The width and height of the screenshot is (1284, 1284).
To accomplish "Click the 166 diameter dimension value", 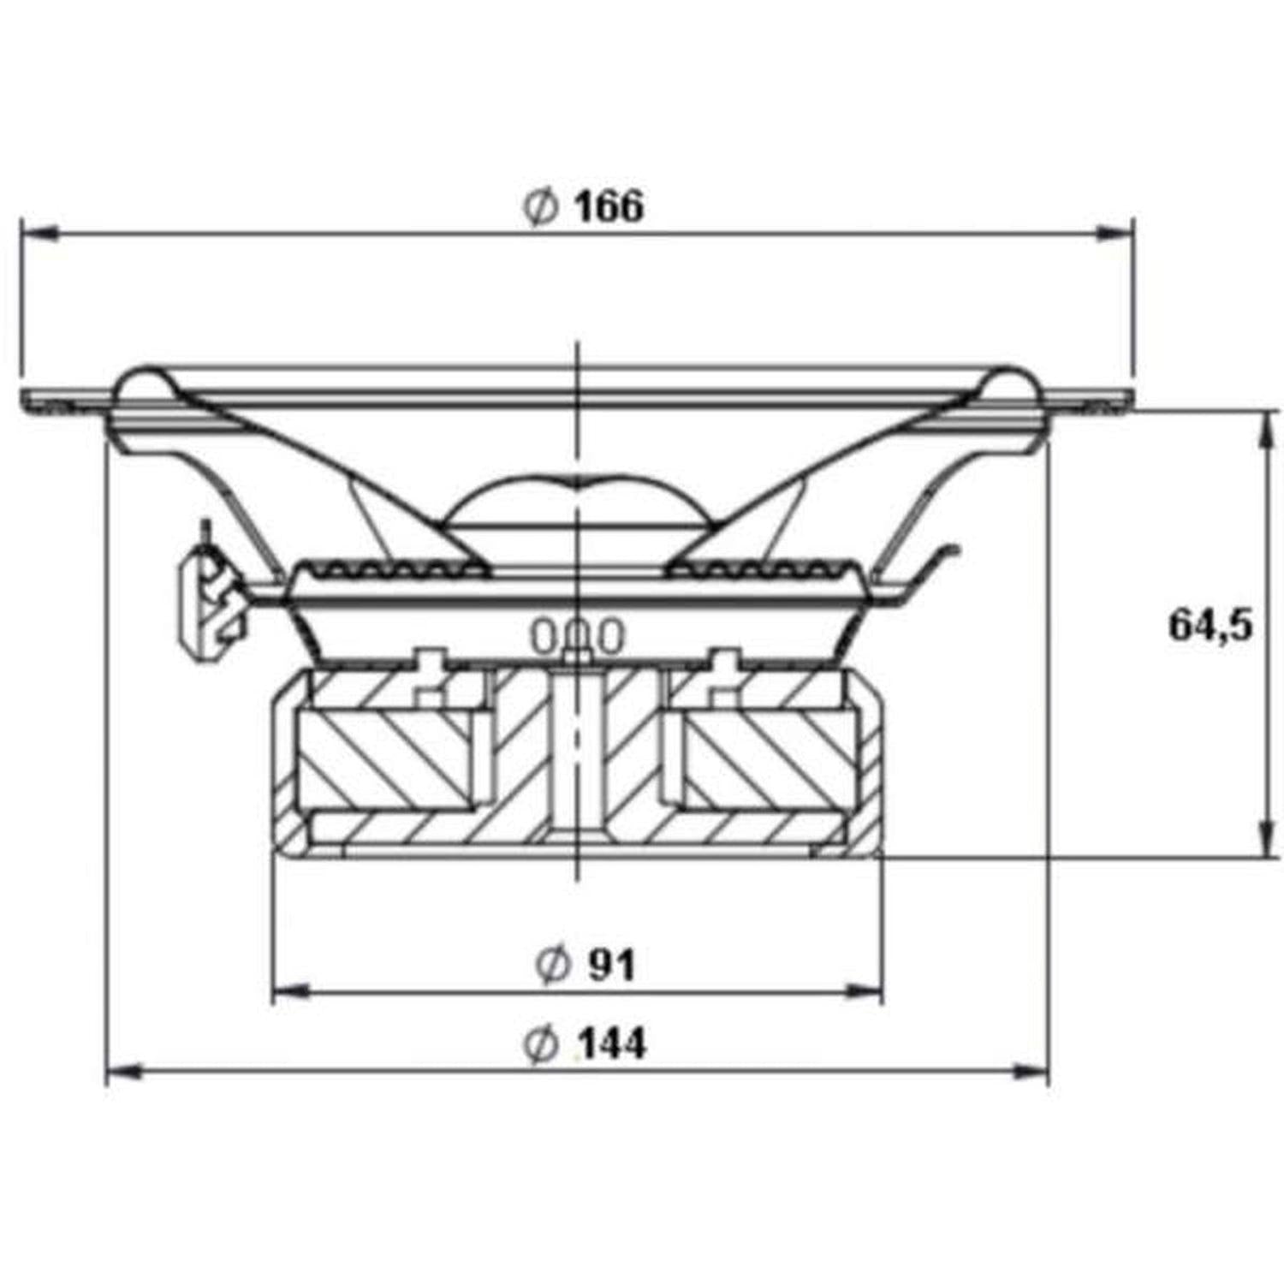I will click(x=609, y=207).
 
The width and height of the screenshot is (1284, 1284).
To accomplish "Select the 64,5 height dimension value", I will click(x=1210, y=625).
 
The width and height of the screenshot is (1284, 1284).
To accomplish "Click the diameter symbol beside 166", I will click(x=540, y=207).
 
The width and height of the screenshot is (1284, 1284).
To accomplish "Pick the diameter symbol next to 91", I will click(x=552, y=966).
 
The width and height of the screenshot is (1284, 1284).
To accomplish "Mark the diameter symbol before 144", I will click(x=540, y=1044).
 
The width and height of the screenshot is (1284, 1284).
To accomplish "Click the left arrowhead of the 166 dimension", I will click(x=39, y=233).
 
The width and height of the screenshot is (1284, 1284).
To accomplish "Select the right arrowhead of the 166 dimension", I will click(x=1115, y=233).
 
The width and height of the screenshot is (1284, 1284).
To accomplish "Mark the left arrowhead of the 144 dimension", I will click(x=125, y=1071).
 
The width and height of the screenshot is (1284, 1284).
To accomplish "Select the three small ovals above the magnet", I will click(x=578, y=636).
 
